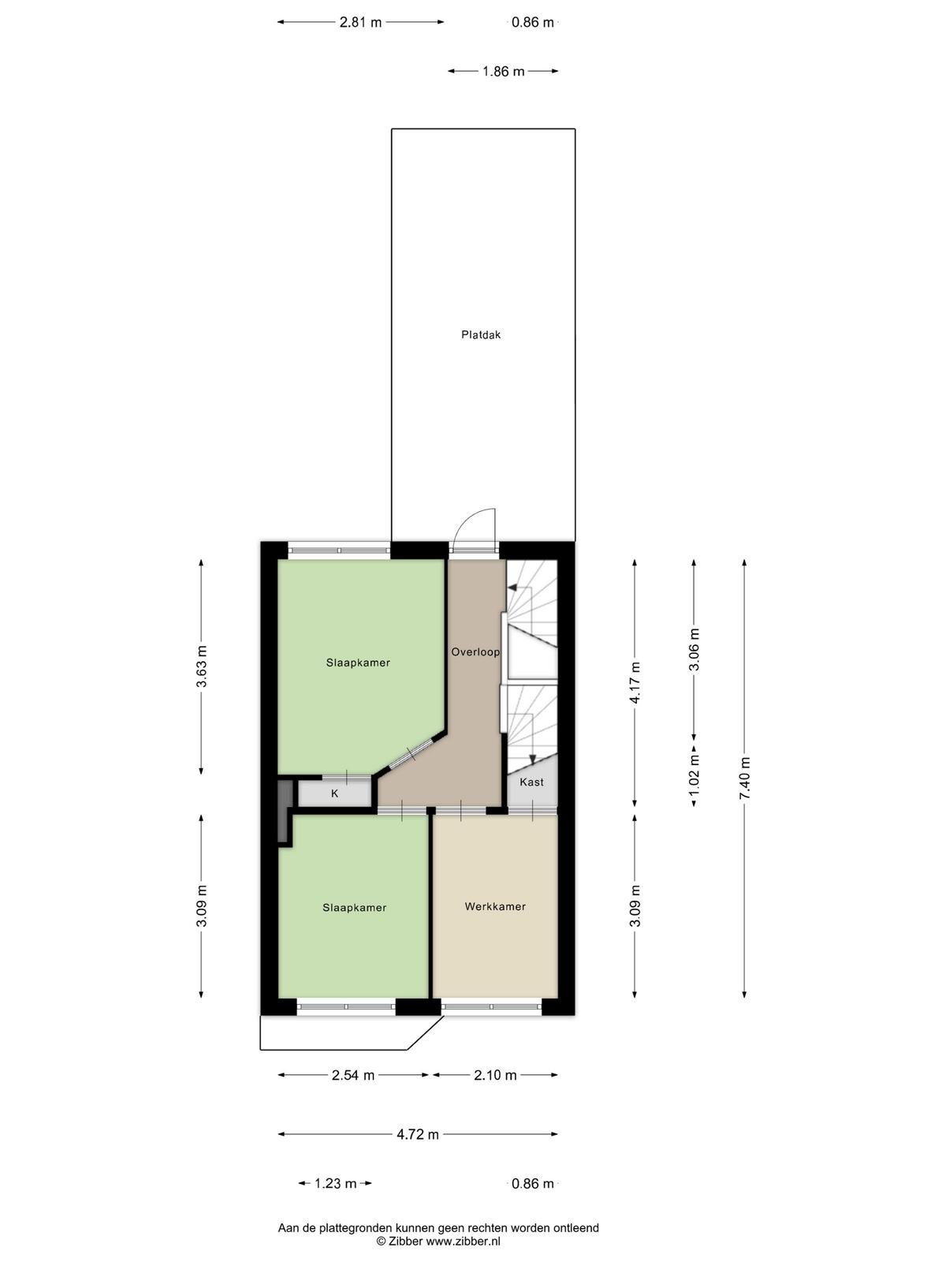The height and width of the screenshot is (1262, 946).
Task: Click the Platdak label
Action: coord(481,334)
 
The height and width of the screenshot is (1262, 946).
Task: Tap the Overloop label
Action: coord(475,652)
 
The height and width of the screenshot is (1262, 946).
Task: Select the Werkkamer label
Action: coord(495,907)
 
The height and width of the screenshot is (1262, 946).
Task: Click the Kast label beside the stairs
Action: coord(531,782)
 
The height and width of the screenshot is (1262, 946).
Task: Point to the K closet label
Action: coord(335,794)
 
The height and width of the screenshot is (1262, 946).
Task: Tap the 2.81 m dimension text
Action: coord(361,22)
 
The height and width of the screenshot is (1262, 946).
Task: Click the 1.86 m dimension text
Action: coord(503,71)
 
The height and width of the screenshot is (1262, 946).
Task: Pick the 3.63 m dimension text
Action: coord(202,666)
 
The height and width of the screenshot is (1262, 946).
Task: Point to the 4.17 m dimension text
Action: coord(635,682)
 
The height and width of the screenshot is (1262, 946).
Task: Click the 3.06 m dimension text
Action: coord(695,649)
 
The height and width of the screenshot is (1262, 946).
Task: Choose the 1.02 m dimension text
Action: coord(695,775)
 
